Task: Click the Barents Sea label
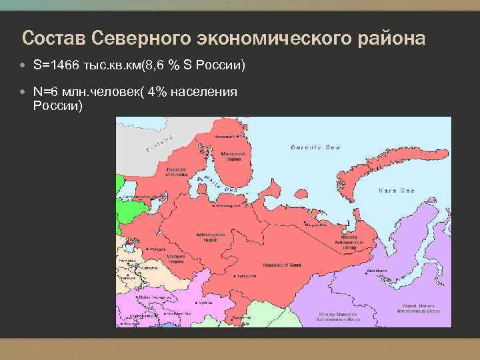point(316,147)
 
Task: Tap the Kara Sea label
point(396,191)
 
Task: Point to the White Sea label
point(221,184)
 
